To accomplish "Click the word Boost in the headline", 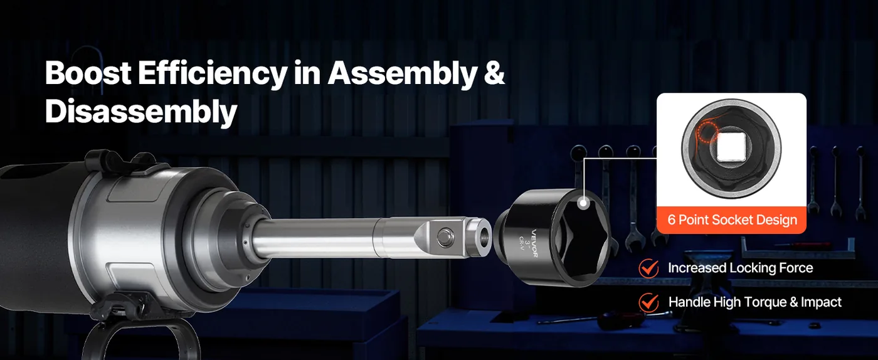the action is [x=88, y=73].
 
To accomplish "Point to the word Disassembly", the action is [x=141, y=112].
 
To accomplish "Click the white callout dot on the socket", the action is [x=583, y=203].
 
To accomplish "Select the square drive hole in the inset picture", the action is [x=731, y=147].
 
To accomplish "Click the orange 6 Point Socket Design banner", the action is [x=732, y=220].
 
